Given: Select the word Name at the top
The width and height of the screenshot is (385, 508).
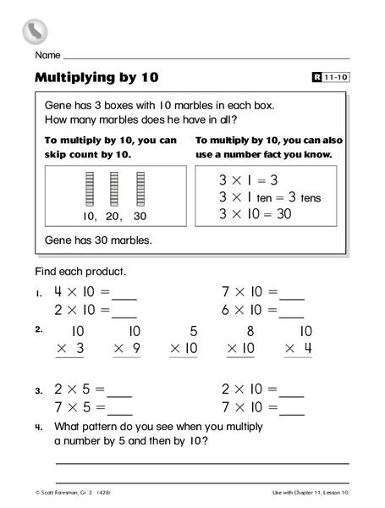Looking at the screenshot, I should point(48,55).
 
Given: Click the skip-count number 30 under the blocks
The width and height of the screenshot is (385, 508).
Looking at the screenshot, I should point(140,216).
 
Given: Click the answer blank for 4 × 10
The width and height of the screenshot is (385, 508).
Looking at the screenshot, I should point(124,295).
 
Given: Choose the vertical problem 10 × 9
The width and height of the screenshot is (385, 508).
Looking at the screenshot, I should point(126,339).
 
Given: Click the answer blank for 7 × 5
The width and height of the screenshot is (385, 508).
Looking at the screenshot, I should point(119,411).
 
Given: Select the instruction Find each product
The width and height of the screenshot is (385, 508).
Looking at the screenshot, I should point(80,271).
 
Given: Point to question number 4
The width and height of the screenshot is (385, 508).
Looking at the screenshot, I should point(39,427).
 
